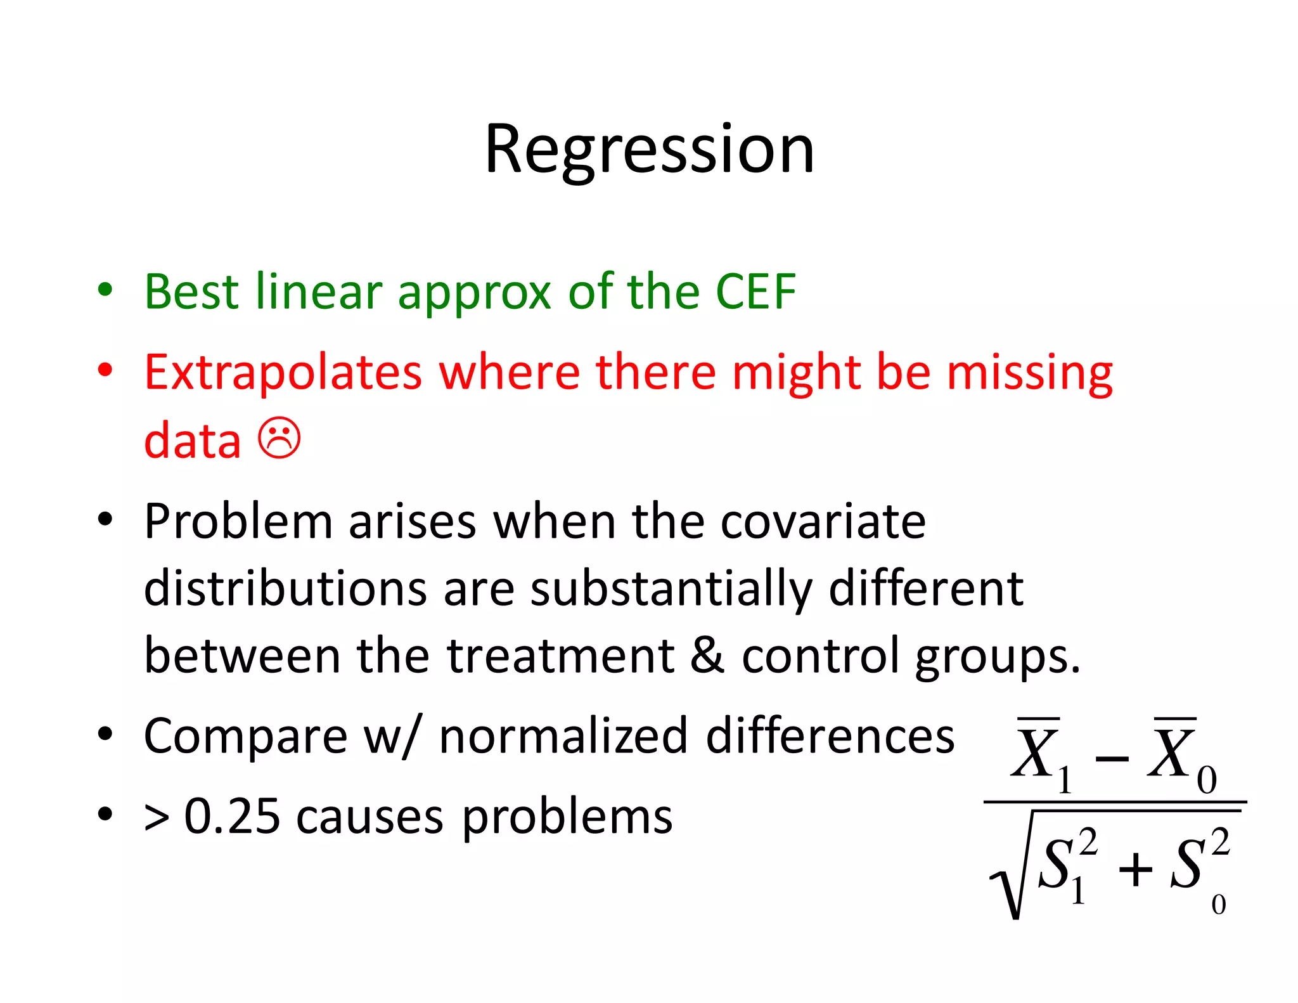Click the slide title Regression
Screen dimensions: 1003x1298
tap(649, 150)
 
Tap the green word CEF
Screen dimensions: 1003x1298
tap(755, 292)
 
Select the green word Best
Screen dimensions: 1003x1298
tap(191, 292)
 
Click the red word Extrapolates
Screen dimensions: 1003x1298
tap(283, 372)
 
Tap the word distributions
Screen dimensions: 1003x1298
tap(285, 588)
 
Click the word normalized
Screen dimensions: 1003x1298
tap(563, 736)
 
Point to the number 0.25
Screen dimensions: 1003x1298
tap(231, 816)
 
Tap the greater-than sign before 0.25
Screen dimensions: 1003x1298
tap(157, 817)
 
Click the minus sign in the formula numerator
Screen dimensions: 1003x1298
tap(1112, 758)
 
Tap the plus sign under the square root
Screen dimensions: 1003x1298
tap(1135, 869)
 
